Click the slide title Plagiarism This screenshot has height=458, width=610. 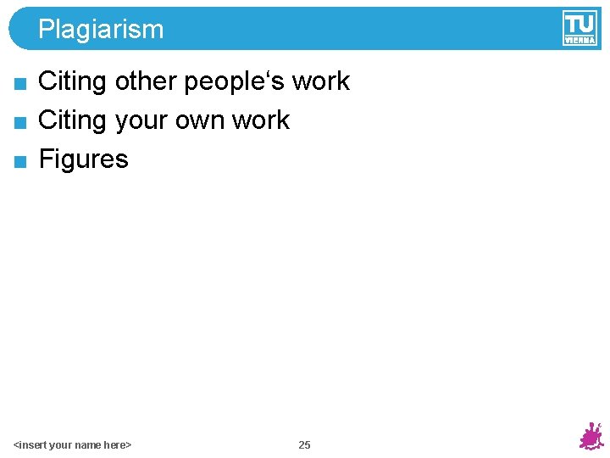(x=101, y=30)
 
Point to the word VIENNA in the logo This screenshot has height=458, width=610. (x=579, y=39)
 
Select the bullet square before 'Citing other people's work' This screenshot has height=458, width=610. (x=21, y=83)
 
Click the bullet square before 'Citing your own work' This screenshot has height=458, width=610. (x=21, y=122)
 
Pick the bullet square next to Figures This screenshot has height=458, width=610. (x=21, y=161)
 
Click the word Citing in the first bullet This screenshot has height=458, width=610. (x=72, y=81)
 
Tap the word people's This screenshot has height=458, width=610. (x=234, y=81)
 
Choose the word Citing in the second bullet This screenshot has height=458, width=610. (x=72, y=120)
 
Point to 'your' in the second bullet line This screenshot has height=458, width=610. (x=141, y=120)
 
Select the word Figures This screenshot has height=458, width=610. (x=84, y=159)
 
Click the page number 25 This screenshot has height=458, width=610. (x=304, y=445)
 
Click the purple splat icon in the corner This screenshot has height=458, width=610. (x=591, y=437)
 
